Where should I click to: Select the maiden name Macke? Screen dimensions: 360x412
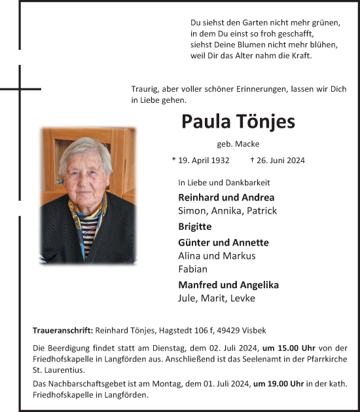click(249, 144)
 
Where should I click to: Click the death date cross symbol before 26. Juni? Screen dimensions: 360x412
click(253, 160)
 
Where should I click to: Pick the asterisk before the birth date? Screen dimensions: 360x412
click(173, 160)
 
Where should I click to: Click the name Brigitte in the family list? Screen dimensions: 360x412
click(194, 227)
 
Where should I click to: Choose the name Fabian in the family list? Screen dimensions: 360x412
click(193, 269)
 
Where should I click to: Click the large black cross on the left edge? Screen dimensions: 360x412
click(20, 88)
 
